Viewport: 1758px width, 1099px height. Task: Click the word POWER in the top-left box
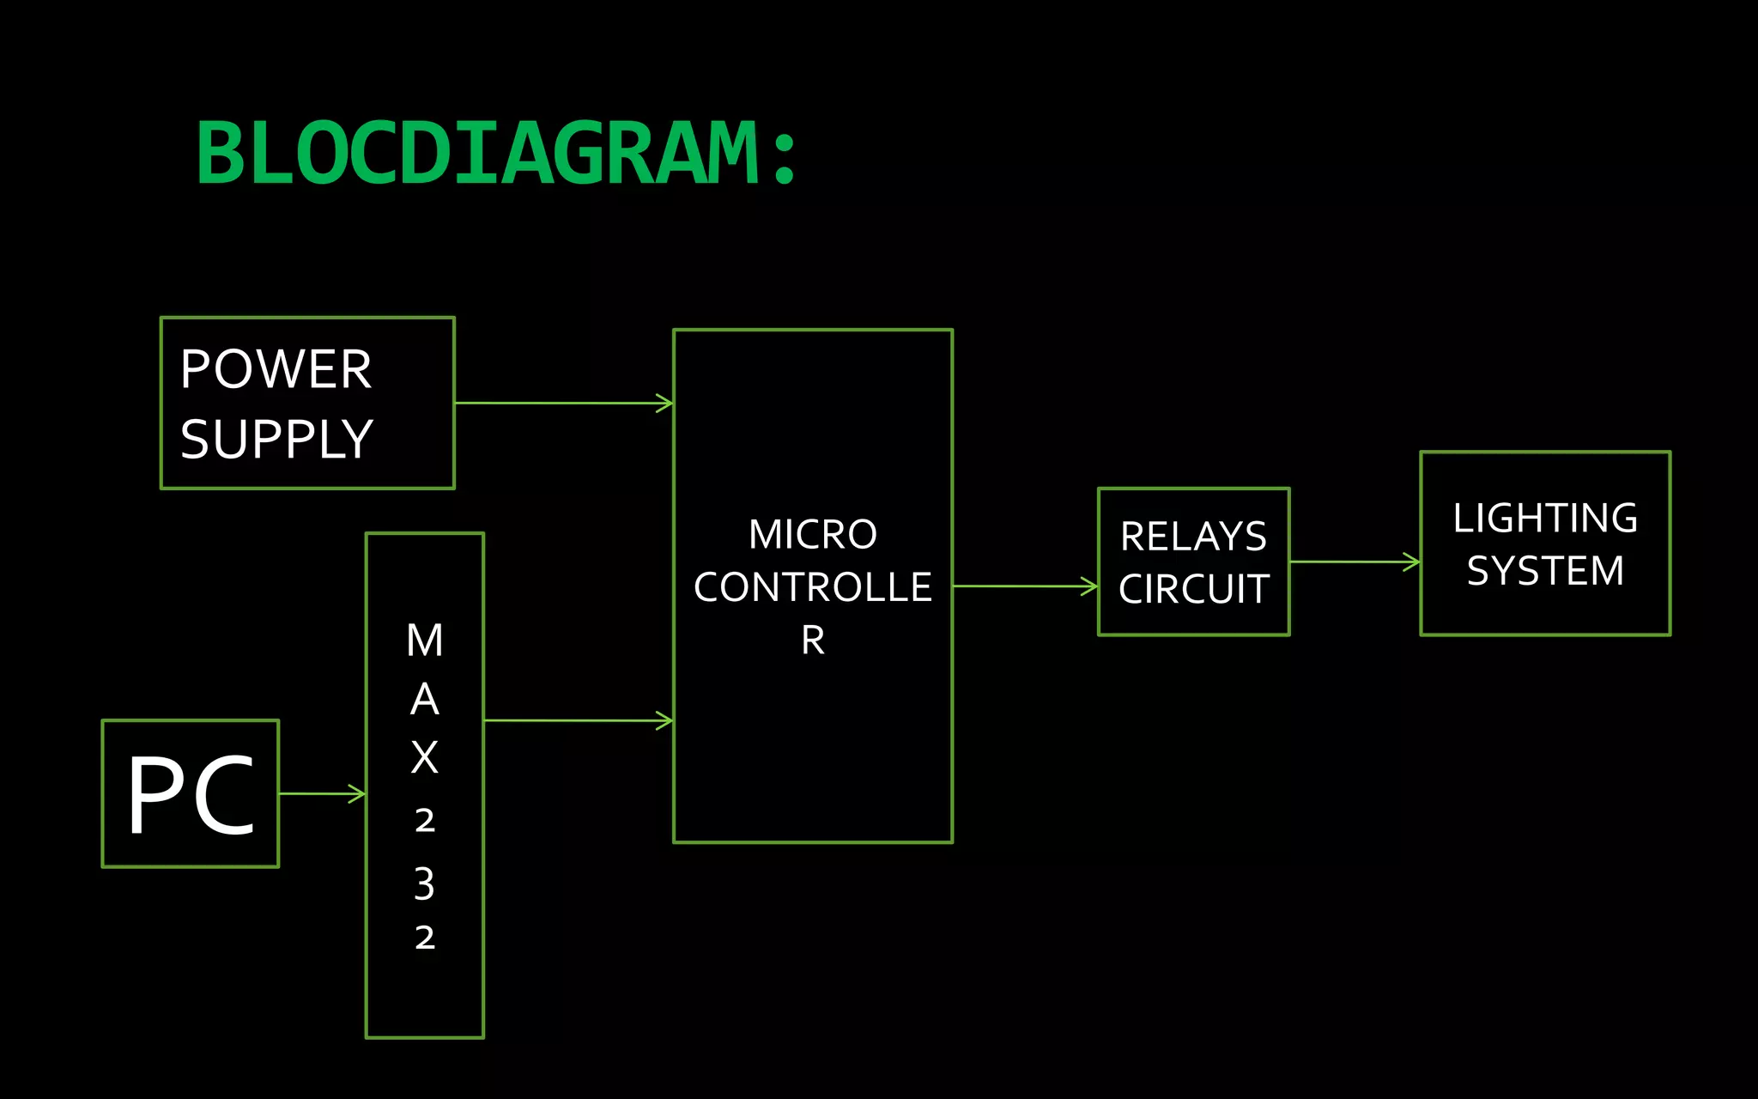[x=276, y=369]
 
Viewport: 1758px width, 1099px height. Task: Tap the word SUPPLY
[x=276, y=439]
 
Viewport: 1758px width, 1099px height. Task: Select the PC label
[x=191, y=794]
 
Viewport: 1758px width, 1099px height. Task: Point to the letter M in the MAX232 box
[x=425, y=641]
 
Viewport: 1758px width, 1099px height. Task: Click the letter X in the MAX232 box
[x=425, y=757]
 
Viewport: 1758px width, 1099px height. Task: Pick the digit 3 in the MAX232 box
[x=425, y=883]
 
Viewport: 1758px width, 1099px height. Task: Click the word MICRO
[x=812, y=534]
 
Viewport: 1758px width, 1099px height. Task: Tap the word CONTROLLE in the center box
[x=812, y=587]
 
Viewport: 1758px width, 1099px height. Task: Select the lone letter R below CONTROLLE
[x=813, y=641]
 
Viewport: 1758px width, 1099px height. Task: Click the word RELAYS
[x=1193, y=537]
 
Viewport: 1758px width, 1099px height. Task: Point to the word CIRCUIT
[x=1193, y=589]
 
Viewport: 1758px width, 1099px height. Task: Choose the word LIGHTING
[x=1545, y=518]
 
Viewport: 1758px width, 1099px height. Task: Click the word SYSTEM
[x=1545, y=571]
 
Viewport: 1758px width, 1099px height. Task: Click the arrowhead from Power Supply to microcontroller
[x=665, y=403]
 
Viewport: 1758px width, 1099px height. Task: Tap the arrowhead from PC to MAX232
[x=358, y=793]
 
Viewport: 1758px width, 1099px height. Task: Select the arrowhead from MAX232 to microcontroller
[x=665, y=720]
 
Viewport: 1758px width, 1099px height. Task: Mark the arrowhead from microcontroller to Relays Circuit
[x=1090, y=586]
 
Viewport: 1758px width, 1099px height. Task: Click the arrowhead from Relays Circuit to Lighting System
[x=1412, y=562]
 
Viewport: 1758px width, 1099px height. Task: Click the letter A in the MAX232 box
[x=425, y=700]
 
